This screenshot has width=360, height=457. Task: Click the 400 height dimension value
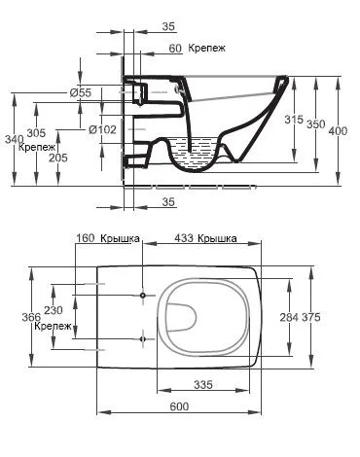[338, 131]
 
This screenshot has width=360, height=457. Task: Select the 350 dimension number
[315, 124]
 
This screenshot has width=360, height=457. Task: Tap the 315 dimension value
[294, 120]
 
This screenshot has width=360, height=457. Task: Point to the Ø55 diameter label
[81, 93]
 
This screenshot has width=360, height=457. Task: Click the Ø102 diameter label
[103, 130]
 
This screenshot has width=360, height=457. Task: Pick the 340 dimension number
[15, 139]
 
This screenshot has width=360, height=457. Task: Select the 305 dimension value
[36, 133]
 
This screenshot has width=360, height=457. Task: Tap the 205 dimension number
[58, 158]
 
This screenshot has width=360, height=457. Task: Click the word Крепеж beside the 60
[206, 49]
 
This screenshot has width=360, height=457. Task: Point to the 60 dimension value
[175, 49]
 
